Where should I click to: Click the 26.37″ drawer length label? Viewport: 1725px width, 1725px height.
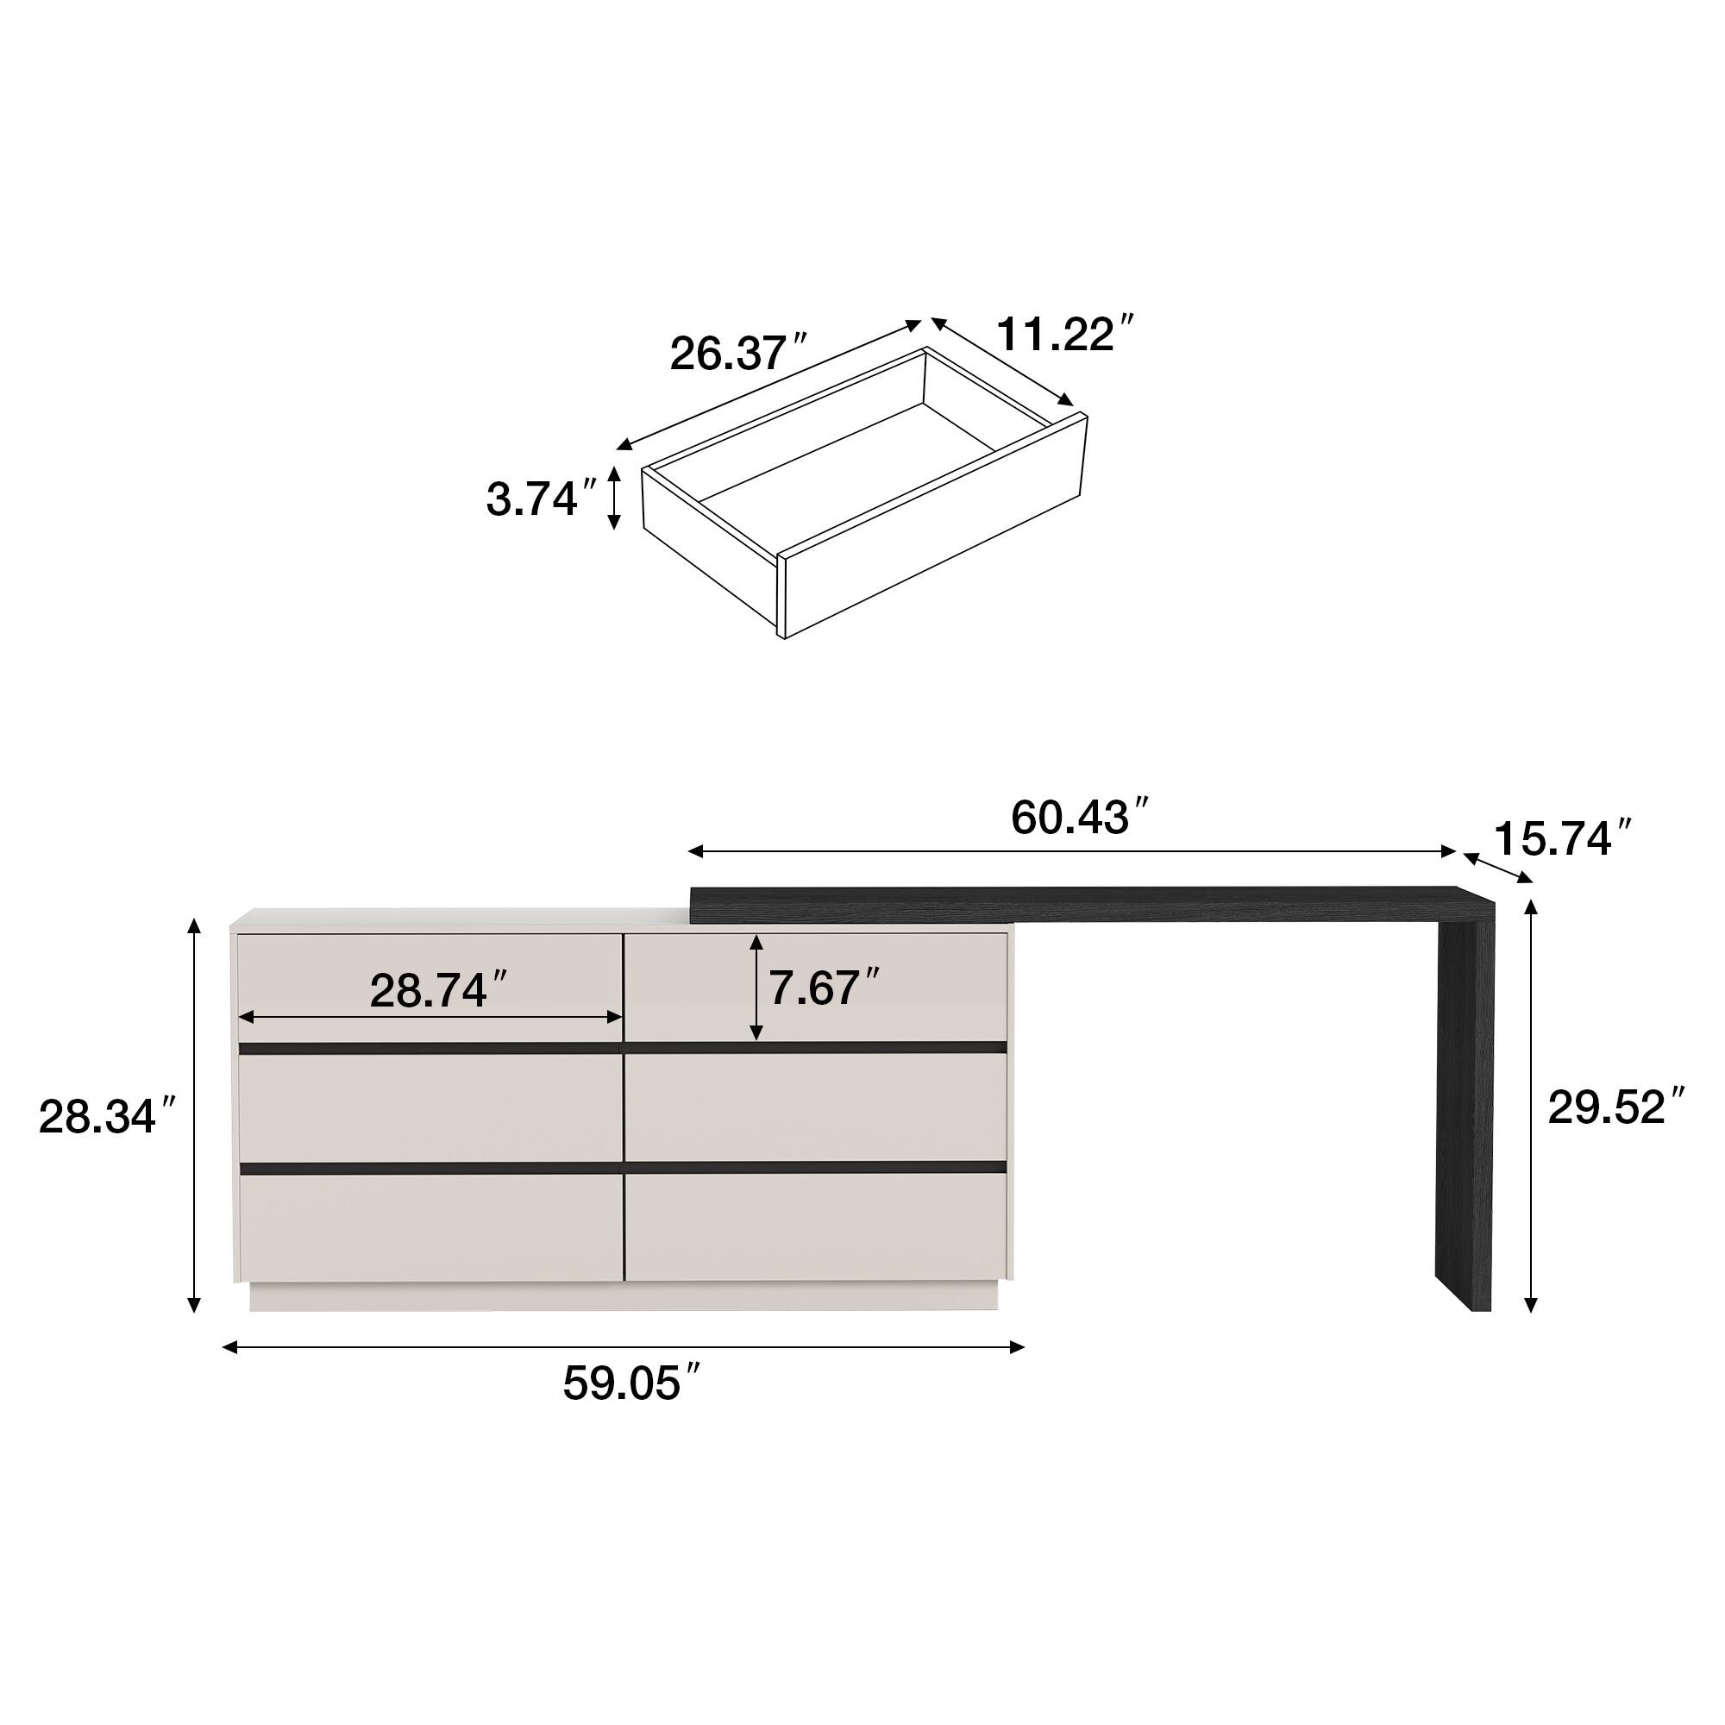pos(739,354)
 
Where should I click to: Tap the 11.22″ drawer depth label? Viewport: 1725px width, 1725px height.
pos(1065,334)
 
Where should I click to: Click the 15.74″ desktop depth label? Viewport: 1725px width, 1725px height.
pos(1564,838)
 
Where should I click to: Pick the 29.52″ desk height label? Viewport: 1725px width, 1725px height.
pos(1616,1107)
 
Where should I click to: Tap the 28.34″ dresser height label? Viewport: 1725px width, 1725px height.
pos(109,1117)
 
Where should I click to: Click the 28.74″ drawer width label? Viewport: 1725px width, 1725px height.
pos(439,990)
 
